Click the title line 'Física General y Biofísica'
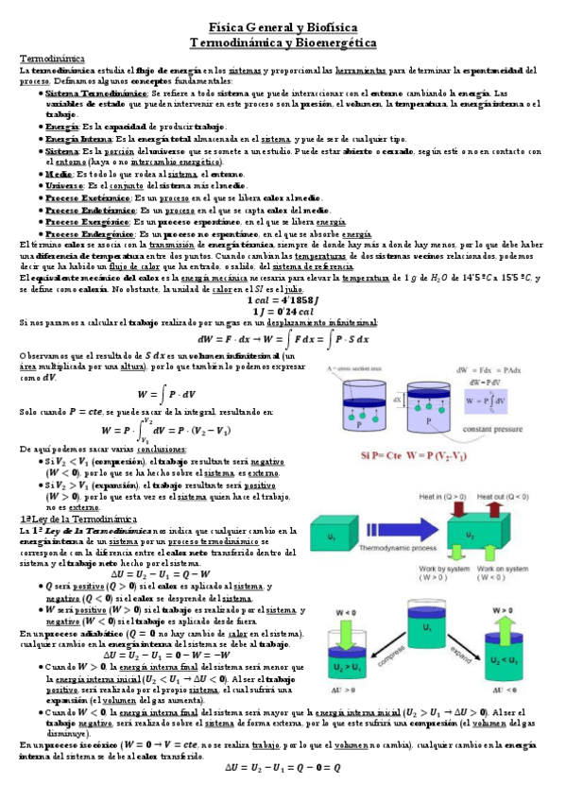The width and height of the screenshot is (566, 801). [283, 30]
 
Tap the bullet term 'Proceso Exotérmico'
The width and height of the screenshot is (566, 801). [89, 199]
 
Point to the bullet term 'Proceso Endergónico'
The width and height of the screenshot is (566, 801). [89, 233]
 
